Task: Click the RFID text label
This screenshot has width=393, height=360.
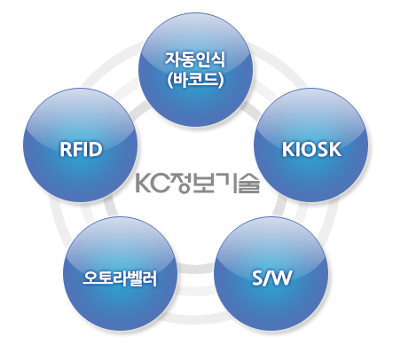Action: (81, 149)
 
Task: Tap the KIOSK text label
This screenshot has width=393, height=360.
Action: (311, 149)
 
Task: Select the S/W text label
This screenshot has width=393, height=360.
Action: (271, 278)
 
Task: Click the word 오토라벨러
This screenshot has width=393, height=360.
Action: (120, 278)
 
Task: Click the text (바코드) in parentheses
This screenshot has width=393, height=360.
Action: (195, 80)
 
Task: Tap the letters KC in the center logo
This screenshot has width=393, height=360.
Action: (153, 183)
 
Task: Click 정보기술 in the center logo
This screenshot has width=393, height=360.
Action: (216, 183)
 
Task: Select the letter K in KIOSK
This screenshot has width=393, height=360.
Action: (287, 149)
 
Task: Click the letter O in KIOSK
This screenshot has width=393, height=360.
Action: (309, 149)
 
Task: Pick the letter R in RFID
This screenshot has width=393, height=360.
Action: (66, 149)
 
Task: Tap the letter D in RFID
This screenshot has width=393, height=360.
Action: (96, 149)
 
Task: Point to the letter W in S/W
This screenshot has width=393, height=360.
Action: (282, 278)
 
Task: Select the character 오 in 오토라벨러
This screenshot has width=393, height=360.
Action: (90, 278)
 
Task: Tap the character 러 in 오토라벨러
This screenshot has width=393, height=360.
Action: (150, 278)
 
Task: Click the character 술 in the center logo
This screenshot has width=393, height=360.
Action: (249, 184)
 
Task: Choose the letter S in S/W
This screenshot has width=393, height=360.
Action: (257, 278)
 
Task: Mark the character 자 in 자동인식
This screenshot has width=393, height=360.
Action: (172, 59)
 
